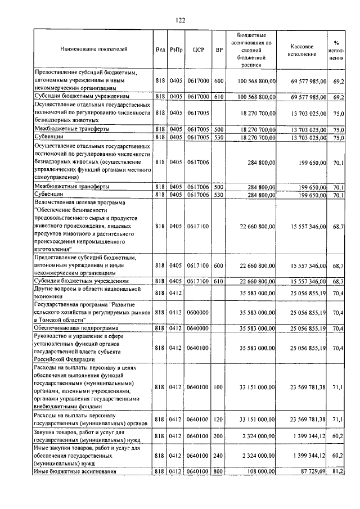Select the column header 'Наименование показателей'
94,49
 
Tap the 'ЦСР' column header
198,49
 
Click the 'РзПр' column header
177,49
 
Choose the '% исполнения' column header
336,49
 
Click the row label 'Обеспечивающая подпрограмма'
76,327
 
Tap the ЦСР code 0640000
198,327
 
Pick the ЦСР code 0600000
198,312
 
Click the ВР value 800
219,471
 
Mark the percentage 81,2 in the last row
338,471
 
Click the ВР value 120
219,419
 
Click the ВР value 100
219,387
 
